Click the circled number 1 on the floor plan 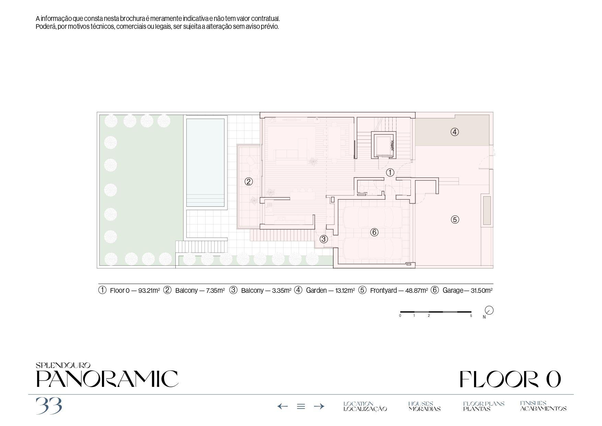pyautogui.click(x=390, y=173)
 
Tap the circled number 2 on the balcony pyautogui.click(x=249, y=182)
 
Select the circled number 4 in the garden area pyautogui.click(x=455, y=132)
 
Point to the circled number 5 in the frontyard pyautogui.click(x=455, y=220)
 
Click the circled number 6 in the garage pyautogui.click(x=374, y=232)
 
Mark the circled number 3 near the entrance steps pyautogui.click(x=324, y=239)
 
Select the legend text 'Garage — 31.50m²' pyautogui.click(x=467, y=290)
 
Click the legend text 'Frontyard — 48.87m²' pyautogui.click(x=399, y=290)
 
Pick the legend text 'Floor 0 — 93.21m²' pyautogui.click(x=135, y=290)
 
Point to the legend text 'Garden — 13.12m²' pyautogui.click(x=330, y=290)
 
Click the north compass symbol pyautogui.click(x=489, y=310)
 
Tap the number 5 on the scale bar pyautogui.click(x=471, y=316)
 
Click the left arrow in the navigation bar pyautogui.click(x=282, y=406)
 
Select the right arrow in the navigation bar pyautogui.click(x=319, y=406)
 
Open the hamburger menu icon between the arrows pyautogui.click(x=301, y=406)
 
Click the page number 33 pyautogui.click(x=49, y=406)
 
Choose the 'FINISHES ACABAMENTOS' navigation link pyautogui.click(x=543, y=406)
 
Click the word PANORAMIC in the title pyautogui.click(x=107, y=379)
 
